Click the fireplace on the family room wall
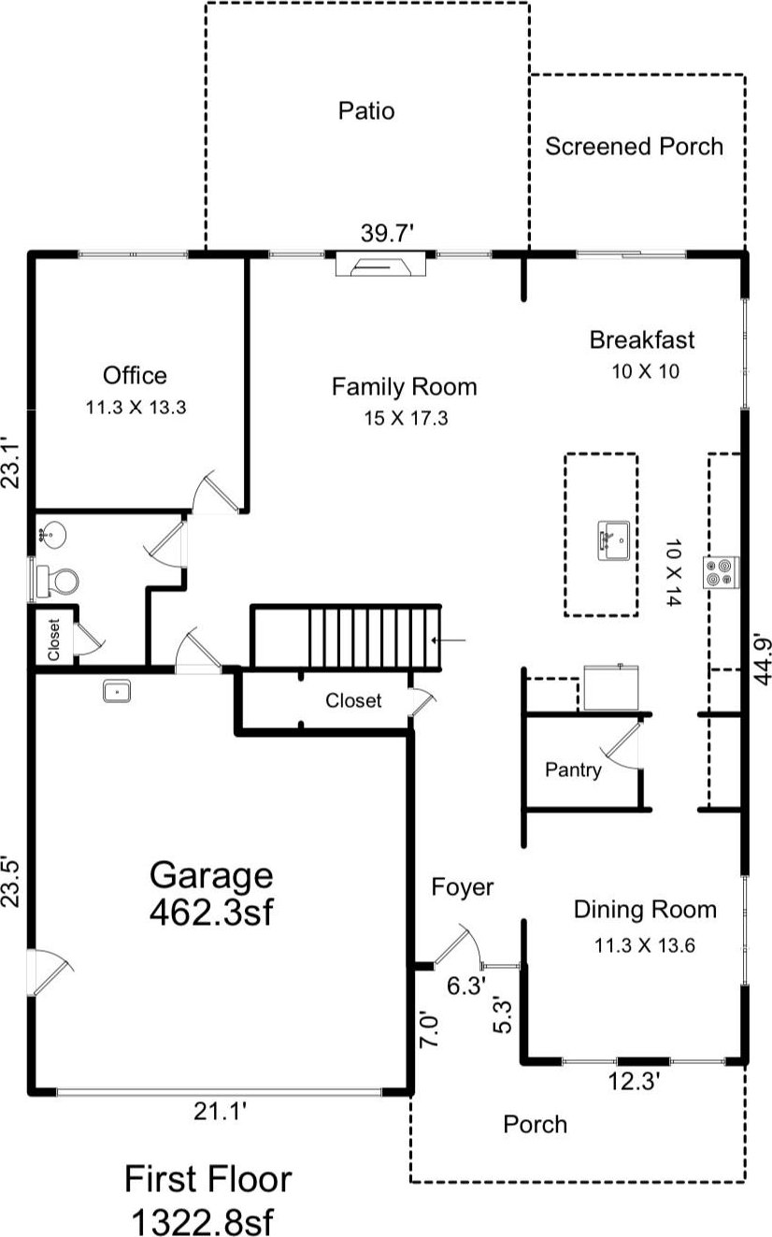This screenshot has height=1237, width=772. coord(381,264)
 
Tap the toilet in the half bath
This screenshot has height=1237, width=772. coord(57,582)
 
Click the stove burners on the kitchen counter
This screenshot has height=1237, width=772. coord(721,572)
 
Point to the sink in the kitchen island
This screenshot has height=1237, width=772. coord(614,540)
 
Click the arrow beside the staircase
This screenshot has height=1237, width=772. coord(449,640)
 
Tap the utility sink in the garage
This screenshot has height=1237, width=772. coord(117,690)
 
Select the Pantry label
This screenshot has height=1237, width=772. coord(573,770)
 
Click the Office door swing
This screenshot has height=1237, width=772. coord(214,493)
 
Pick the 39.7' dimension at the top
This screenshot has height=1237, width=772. coord(387,233)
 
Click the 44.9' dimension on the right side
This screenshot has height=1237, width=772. coord(762,659)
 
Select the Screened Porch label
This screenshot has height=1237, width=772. coord(634,147)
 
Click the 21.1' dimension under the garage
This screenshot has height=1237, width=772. coord(220,1111)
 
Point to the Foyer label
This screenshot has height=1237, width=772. coord(463,887)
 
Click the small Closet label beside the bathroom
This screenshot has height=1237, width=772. coord(53,640)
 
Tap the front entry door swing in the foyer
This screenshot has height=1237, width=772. coord(459,945)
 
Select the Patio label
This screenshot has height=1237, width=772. coord(366,111)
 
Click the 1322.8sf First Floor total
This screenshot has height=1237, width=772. coord(203,1220)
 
